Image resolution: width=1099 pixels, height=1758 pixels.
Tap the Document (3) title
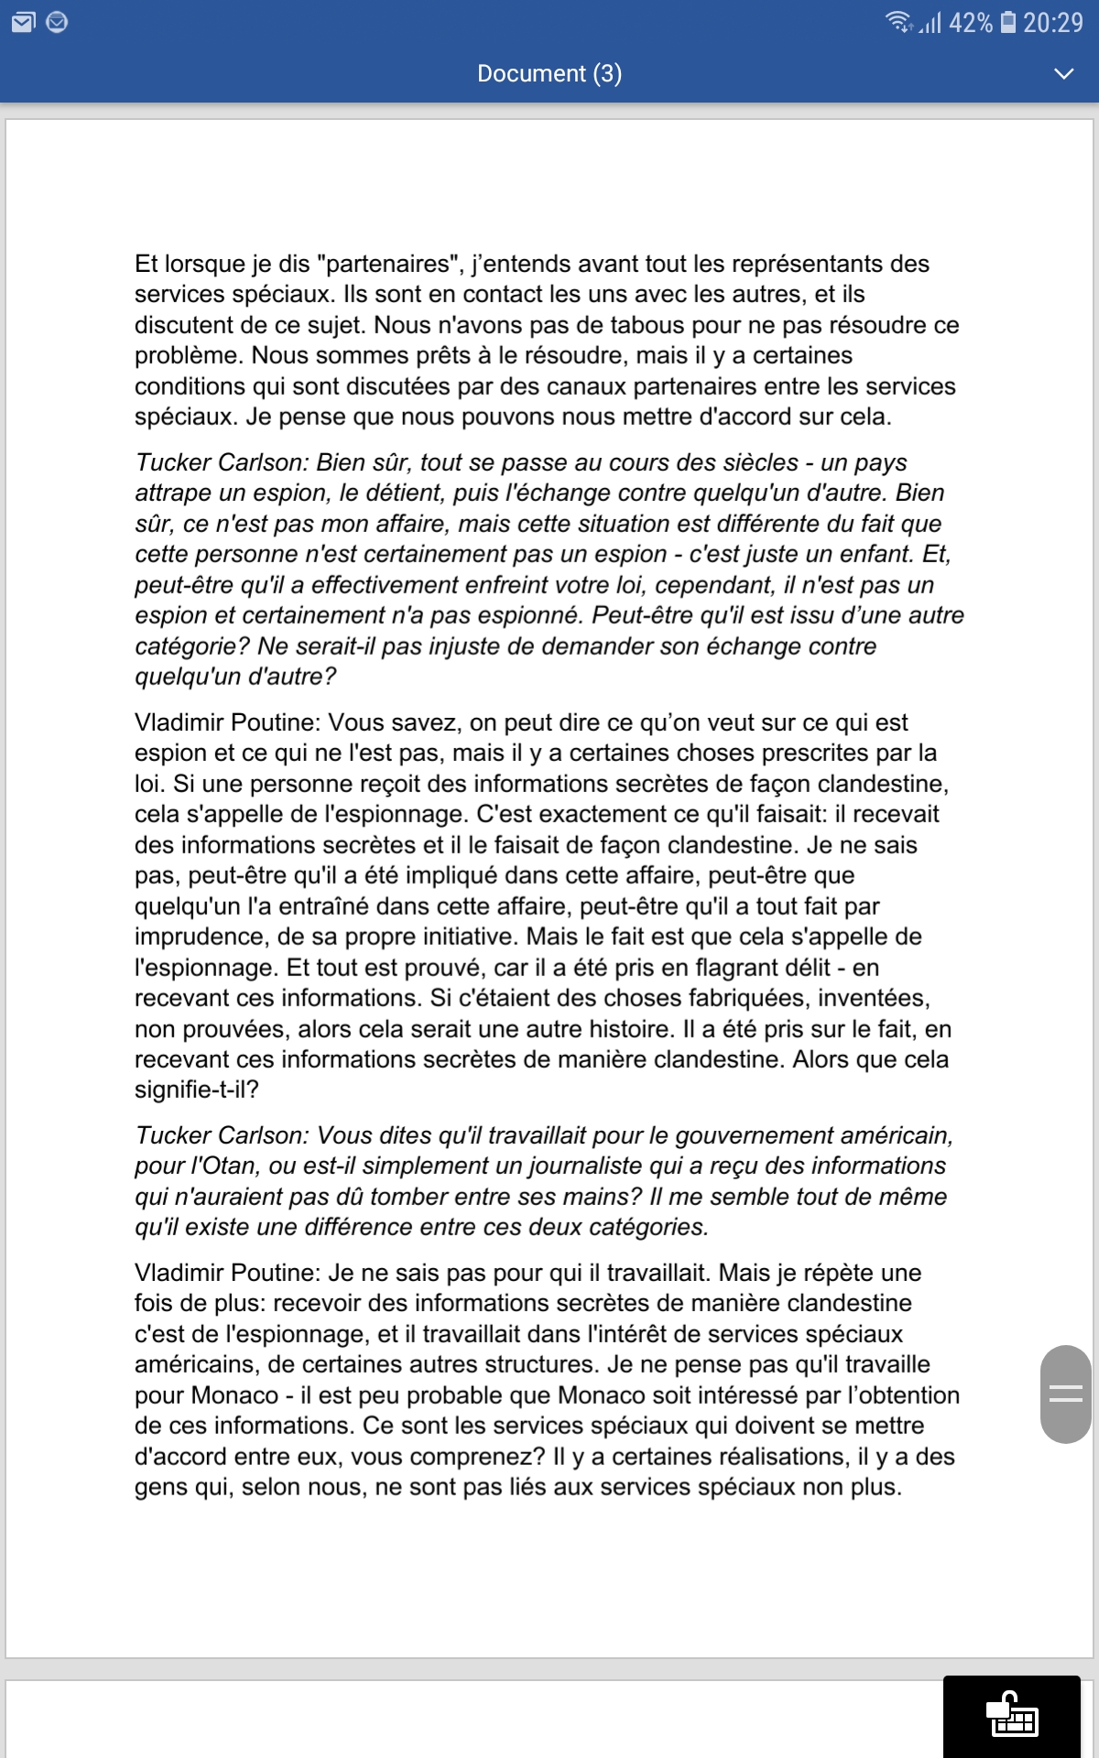click(x=549, y=73)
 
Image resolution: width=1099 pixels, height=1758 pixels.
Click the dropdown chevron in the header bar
click(x=1063, y=73)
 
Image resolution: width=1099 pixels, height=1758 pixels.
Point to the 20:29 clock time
click(x=1053, y=22)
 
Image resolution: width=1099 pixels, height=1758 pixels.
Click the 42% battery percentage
click(x=970, y=22)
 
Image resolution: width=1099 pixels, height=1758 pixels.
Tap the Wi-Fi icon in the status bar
click(x=898, y=21)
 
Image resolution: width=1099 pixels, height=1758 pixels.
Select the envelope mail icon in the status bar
click(x=23, y=22)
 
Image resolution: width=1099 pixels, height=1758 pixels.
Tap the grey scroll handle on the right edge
click(x=1065, y=1394)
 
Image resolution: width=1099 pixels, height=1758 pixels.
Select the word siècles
click(x=747, y=462)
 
